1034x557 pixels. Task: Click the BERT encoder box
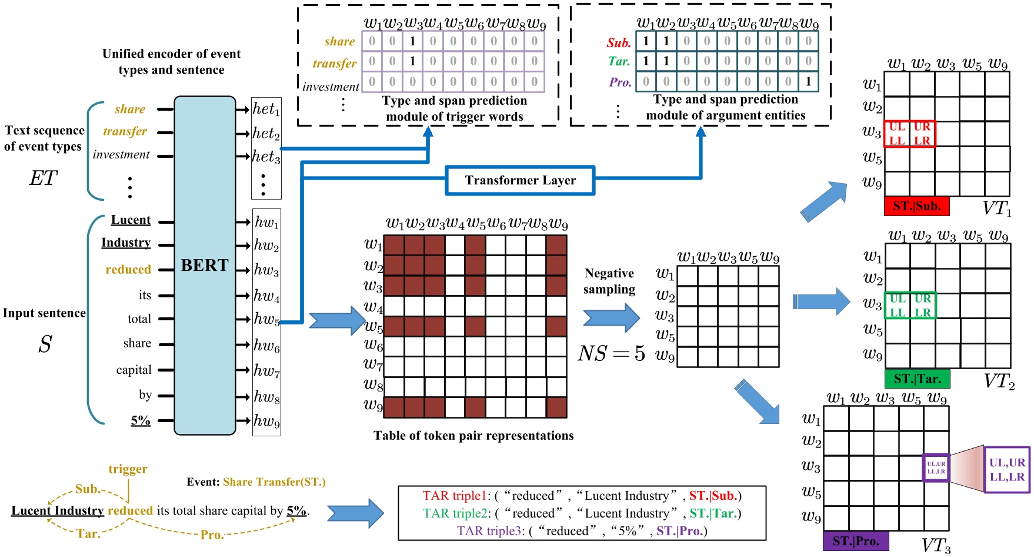point(205,265)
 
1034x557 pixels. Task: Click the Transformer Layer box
point(520,180)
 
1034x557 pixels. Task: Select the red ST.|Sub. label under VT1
point(916,206)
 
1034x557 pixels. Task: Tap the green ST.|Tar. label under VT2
point(917,379)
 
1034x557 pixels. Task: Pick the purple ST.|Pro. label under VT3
point(855,541)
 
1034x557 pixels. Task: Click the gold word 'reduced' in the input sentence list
point(128,270)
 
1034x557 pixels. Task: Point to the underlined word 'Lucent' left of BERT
point(131,220)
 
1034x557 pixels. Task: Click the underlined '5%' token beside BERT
point(141,420)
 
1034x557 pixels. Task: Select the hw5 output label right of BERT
point(266,319)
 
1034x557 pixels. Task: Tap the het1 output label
point(266,109)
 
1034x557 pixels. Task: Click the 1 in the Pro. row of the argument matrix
point(808,82)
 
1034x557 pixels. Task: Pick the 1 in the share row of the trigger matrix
point(412,41)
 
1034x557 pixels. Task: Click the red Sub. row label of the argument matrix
point(619,43)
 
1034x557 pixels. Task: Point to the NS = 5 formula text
point(611,354)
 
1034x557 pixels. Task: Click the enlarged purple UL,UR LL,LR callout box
point(1006,469)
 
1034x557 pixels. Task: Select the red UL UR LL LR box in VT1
point(909,134)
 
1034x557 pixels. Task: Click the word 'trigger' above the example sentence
point(128,469)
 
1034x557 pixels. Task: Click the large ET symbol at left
point(44,178)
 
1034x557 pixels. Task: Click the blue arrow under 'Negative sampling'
point(611,318)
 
